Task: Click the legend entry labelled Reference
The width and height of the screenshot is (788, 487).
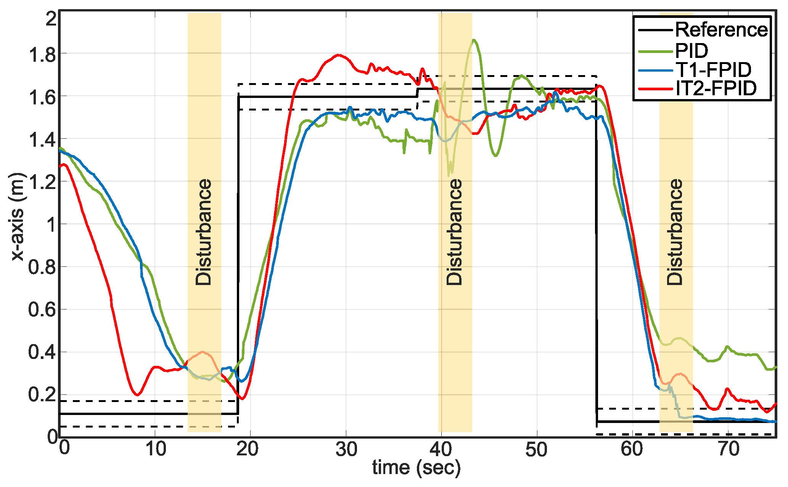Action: point(721,30)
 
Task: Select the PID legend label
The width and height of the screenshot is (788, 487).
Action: point(692,50)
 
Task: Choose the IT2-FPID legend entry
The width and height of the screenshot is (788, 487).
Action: point(716,88)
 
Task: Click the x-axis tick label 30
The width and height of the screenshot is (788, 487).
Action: point(346,450)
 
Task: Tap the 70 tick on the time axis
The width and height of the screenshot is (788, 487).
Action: point(728,450)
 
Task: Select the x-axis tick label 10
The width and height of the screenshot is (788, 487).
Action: point(155,450)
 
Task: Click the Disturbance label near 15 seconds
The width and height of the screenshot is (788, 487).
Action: point(204,232)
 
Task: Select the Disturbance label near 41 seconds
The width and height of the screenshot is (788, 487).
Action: point(455,232)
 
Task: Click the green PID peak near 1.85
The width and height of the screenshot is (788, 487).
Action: point(474,40)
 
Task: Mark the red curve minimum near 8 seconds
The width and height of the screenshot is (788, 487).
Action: point(137,395)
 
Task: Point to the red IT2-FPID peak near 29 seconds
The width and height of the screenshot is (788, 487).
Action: point(339,55)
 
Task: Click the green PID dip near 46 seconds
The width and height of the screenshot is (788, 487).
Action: point(495,155)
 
